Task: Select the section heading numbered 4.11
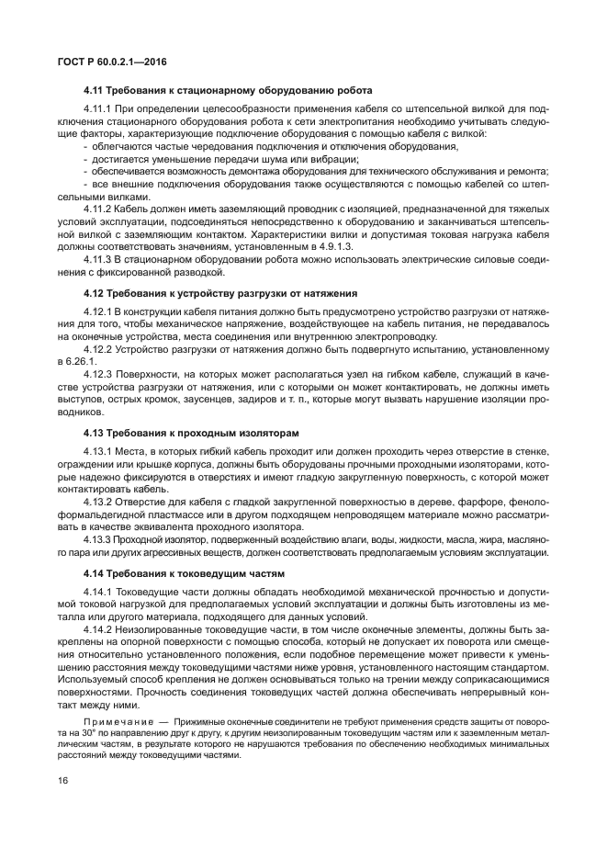coord(227,91)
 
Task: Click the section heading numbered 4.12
coord(219,292)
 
